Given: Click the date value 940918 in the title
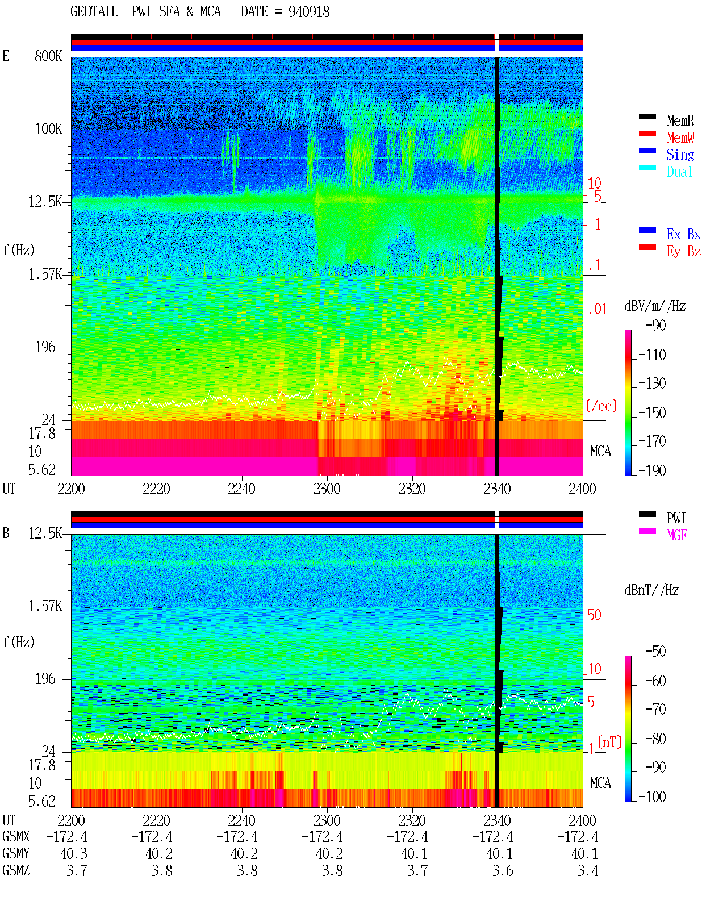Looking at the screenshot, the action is click(x=309, y=12).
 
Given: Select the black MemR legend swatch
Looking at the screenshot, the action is click(x=647, y=116).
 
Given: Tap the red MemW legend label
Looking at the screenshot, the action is click(x=680, y=137).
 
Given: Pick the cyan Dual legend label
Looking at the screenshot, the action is click(x=680, y=172).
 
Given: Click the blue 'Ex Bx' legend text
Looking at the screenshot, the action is click(x=684, y=234).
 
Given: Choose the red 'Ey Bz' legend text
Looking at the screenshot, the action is click(x=684, y=251).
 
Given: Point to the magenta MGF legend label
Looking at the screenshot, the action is click(x=676, y=535).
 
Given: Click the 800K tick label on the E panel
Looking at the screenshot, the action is click(x=48, y=56).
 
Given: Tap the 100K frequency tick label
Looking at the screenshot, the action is click(x=48, y=129).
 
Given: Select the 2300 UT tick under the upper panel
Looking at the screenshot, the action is click(x=327, y=489).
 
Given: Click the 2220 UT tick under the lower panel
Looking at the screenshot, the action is click(x=156, y=820).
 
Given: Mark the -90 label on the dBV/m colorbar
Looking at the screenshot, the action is click(x=655, y=325).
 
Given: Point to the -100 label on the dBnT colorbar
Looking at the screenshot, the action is click(x=652, y=796).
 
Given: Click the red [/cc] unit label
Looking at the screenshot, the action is click(x=601, y=406).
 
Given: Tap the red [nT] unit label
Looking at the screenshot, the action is click(x=609, y=742).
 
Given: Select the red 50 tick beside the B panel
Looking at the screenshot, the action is click(x=594, y=615).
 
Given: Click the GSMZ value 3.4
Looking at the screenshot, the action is click(x=588, y=870).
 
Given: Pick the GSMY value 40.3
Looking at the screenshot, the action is click(x=74, y=854).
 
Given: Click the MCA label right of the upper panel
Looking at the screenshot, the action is click(x=600, y=451).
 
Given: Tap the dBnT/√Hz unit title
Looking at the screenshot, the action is click(x=652, y=590).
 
